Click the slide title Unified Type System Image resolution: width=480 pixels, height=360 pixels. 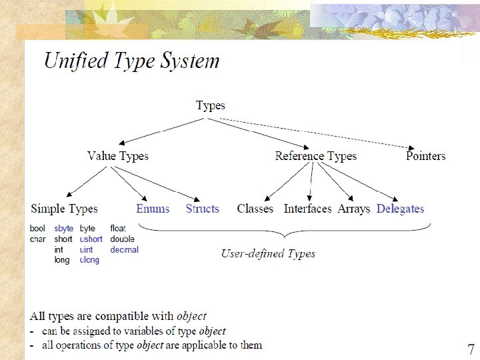click(131, 61)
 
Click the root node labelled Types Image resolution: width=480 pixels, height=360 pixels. click(211, 105)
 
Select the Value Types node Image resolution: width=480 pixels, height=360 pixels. click(118, 156)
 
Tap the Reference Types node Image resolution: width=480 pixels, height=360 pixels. click(316, 156)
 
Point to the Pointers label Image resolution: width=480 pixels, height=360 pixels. click(425, 156)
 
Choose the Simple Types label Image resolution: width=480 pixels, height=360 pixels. click(65, 209)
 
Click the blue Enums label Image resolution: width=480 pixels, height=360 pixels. click(153, 209)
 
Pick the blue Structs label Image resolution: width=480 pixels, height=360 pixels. click(202, 209)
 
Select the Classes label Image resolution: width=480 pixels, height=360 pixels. click(255, 209)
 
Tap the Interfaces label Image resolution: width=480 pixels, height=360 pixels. click(307, 209)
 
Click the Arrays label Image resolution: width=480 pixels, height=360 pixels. click(353, 209)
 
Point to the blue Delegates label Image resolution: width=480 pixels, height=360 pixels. click(400, 209)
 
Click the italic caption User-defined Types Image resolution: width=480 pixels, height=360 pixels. click(268, 253)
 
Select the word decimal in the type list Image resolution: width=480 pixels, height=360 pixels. click(125, 250)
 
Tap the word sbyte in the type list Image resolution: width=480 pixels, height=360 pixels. click(64, 229)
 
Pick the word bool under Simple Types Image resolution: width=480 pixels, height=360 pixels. click(38, 229)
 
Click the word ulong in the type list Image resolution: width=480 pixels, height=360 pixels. click(89, 260)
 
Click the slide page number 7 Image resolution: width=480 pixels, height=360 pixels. click(471, 349)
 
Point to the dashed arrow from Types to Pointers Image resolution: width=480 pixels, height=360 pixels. click(313, 133)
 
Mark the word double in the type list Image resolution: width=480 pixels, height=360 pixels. click(123, 239)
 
